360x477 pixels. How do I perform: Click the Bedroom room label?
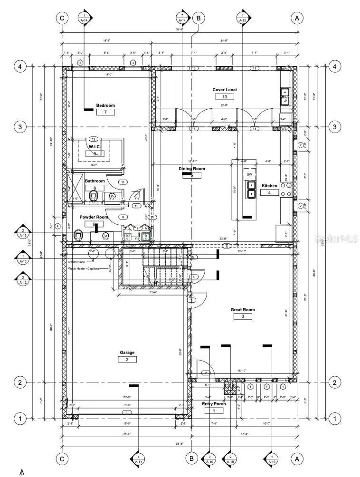pyautogui.click(x=105, y=105)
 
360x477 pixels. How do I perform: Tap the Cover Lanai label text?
pyautogui.click(x=224, y=90)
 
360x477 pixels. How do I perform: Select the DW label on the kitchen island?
pyautogui.click(x=249, y=175)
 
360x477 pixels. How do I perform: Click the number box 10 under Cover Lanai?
pyautogui.click(x=224, y=97)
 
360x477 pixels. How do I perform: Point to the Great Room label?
pyautogui.click(x=243, y=310)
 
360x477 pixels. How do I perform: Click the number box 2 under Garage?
pyautogui.click(x=127, y=360)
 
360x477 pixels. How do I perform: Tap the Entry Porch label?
pyautogui.click(x=214, y=404)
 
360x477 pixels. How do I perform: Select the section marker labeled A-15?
pyautogui.click(x=243, y=18)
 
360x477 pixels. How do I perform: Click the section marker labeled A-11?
pyautogui.click(x=138, y=458)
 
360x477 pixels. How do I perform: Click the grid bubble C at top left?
pyautogui.click(x=61, y=18)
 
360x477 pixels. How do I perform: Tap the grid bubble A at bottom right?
pyautogui.click(x=297, y=459)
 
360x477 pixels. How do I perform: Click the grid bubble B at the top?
pyautogui.click(x=199, y=18)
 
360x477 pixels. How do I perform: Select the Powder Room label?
pyautogui.click(x=94, y=217)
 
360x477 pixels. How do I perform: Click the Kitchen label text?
pyautogui.click(x=269, y=186)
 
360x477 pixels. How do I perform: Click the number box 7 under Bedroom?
pyautogui.click(x=105, y=112)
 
